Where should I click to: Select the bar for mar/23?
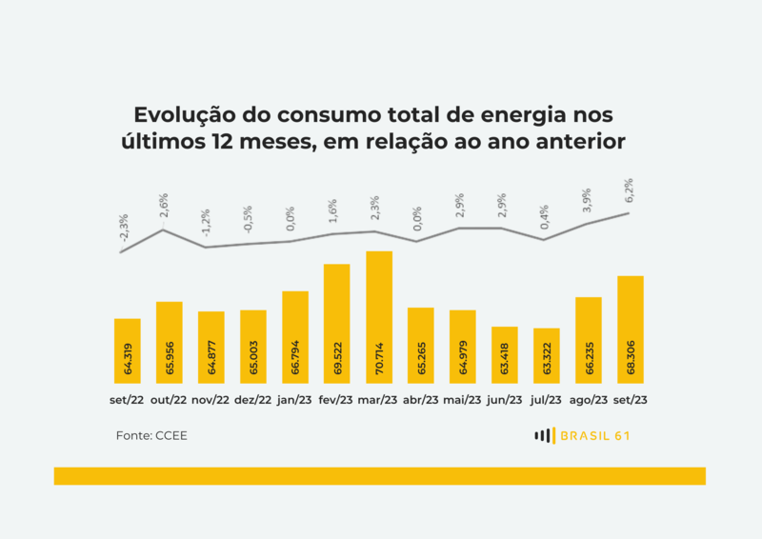click(379, 318)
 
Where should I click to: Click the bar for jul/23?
click(547, 357)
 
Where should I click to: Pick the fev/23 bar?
click(337, 325)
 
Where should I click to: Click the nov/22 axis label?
click(211, 401)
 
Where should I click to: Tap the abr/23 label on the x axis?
click(420, 401)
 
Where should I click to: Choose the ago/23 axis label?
click(589, 401)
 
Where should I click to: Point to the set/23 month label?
click(631, 401)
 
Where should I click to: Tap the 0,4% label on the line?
click(545, 218)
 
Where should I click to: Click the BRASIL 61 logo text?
click(595, 436)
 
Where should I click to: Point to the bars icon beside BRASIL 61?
click(544, 436)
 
